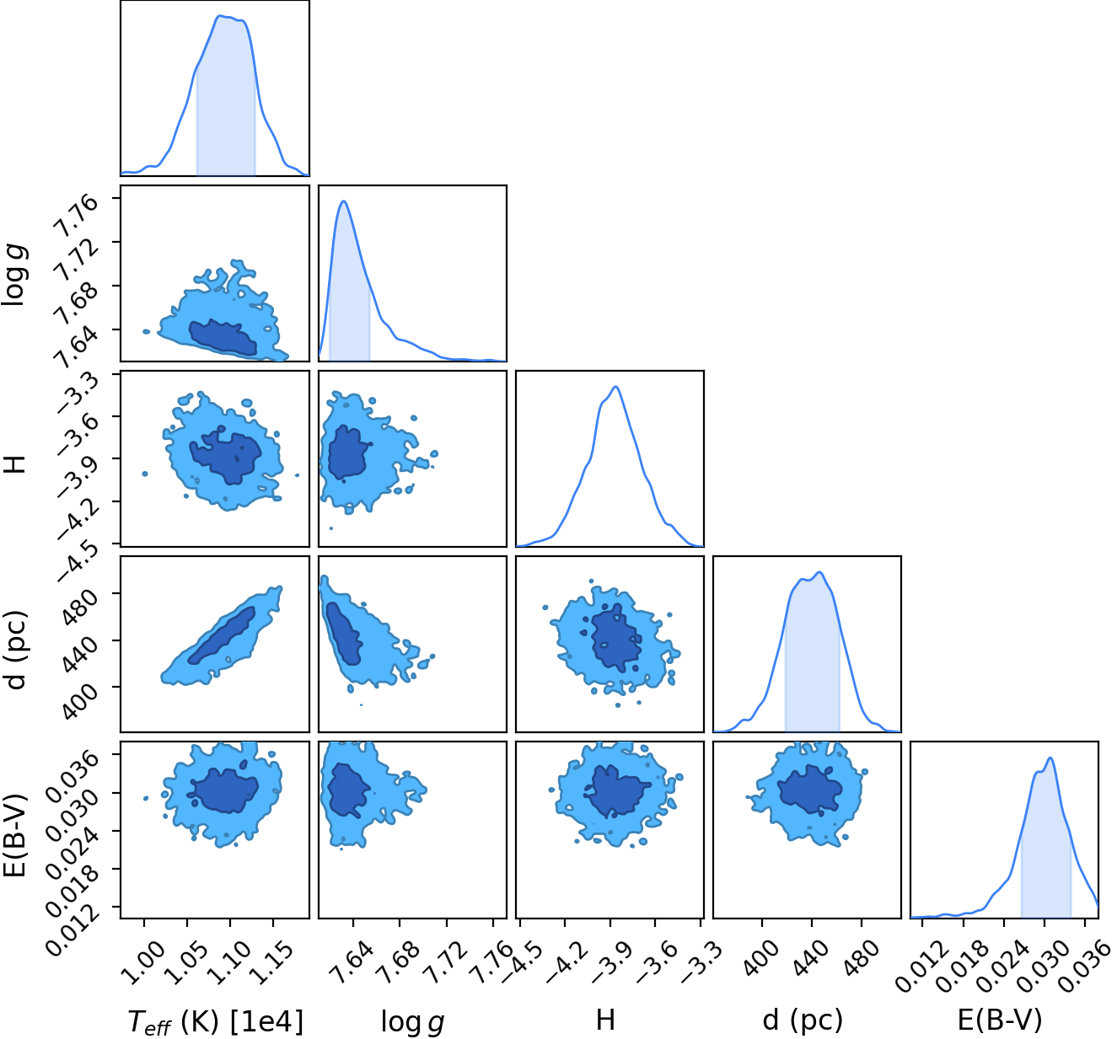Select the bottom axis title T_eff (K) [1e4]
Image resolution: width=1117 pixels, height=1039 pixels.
[216, 1021]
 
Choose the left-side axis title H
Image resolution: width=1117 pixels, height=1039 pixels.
[16, 464]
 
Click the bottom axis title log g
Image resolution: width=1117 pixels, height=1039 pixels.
[413, 1021]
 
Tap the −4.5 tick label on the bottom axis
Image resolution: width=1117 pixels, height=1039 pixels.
[519, 961]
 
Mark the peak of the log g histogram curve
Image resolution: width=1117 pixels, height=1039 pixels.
[344, 201]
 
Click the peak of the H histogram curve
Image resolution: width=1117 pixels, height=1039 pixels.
[616, 387]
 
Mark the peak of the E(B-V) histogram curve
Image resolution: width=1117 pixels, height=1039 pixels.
[1050, 758]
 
